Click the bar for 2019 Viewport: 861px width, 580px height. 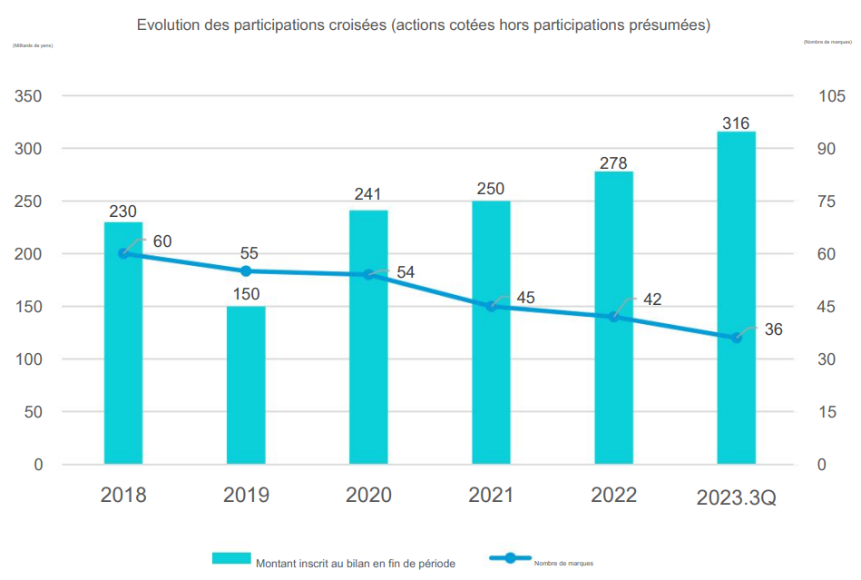pyautogui.click(x=246, y=385)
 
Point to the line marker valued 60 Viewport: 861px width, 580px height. pyautogui.click(x=123, y=254)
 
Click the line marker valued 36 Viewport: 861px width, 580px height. pyautogui.click(x=736, y=338)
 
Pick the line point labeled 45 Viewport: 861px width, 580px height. pyautogui.click(x=491, y=307)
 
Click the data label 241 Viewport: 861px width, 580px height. pyautogui.click(x=368, y=194)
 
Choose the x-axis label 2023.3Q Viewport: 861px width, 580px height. pyautogui.click(x=736, y=497)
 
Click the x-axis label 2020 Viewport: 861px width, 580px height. pyautogui.click(x=368, y=496)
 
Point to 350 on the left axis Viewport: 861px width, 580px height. pyautogui.click(x=26, y=96)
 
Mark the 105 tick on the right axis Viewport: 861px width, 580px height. pyautogui.click(x=831, y=96)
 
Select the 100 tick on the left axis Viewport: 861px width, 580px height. pyautogui.click(x=26, y=359)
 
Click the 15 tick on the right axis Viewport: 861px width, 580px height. pyautogui.click(x=826, y=412)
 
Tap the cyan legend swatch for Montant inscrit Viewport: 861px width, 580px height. pyautogui.click(x=231, y=558)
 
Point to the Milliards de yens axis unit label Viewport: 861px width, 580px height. pyautogui.click(x=33, y=45)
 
